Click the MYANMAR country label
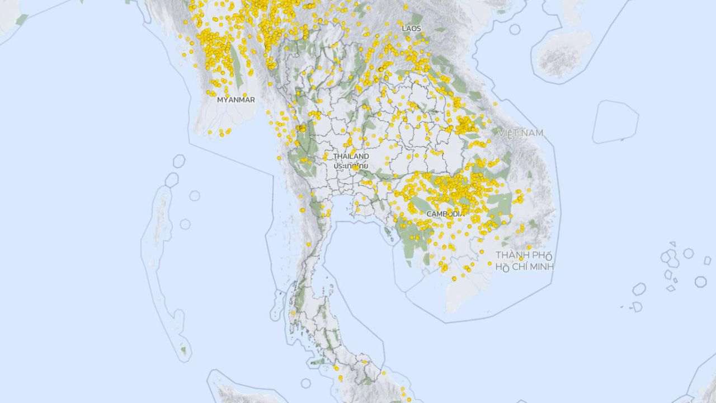pyautogui.click(x=235, y=100)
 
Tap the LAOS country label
pyautogui.click(x=411, y=28)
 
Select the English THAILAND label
pyautogui.click(x=351, y=156)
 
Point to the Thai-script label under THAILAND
pyautogui.click(x=351, y=166)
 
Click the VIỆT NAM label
pyautogui.click(x=521, y=133)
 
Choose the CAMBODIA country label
pyautogui.click(x=445, y=214)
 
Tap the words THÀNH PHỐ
pyautogui.click(x=520, y=255)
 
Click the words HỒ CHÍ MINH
pyautogui.click(x=524, y=266)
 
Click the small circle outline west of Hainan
pyautogui.click(x=515, y=29)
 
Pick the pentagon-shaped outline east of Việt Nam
pyautogui.click(x=615, y=121)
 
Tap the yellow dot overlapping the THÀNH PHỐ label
pyautogui.click(x=521, y=259)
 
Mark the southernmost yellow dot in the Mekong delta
pyautogui.click(x=454, y=278)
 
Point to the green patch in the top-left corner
pyautogui.click(x=21, y=20)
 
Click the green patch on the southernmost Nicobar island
pyautogui.click(x=183, y=350)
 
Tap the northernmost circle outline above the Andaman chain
pyautogui.click(x=178, y=161)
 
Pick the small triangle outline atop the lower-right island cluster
pyautogui.click(x=672, y=244)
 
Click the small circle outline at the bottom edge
pyautogui.click(x=305, y=383)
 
